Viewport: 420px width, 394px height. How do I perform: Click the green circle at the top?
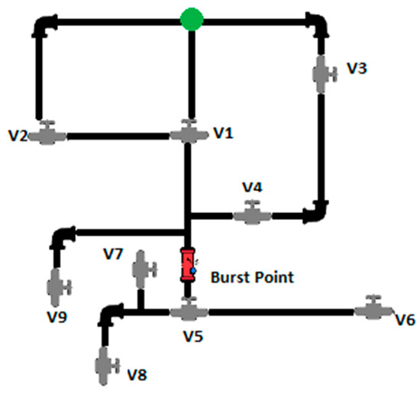[x=191, y=19]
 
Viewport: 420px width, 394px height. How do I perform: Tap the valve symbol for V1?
[x=188, y=134]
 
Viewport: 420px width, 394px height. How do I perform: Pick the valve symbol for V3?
[x=325, y=74]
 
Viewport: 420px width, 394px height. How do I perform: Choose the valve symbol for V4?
[x=251, y=215]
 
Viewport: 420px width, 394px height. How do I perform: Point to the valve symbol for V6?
[x=373, y=308]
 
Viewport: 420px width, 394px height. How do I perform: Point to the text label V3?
[x=357, y=68]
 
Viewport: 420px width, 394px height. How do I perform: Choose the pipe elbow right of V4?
[x=316, y=211]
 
